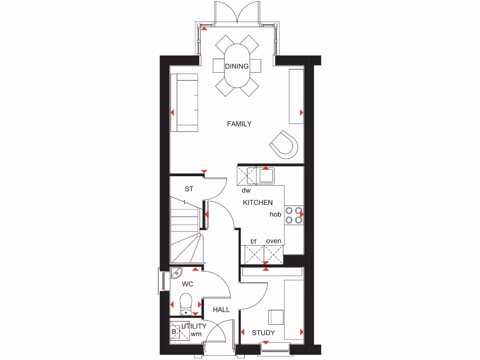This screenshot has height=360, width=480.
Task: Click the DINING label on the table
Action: point(237,66)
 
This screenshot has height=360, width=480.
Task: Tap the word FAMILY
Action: point(239,124)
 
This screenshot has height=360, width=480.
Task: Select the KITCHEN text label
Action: point(257,203)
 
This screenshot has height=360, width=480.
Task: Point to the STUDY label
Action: point(263,333)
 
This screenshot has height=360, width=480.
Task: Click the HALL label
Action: point(221,310)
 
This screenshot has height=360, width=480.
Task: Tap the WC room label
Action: point(187,284)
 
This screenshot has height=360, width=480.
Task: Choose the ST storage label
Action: point(189,189)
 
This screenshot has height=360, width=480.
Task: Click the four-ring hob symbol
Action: point(294,214)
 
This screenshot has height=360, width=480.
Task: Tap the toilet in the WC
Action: point(186,303)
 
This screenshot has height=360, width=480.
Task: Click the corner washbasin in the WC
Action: point(176,273)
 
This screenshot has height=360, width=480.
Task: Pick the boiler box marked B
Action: point(174,331)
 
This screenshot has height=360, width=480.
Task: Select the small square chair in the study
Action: point(276,317)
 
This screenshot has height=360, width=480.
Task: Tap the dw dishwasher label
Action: point(246,191)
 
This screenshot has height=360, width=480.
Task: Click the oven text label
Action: point(274,241)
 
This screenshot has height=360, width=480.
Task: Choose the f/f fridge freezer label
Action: point(254,241)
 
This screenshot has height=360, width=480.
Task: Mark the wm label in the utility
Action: point(196,335)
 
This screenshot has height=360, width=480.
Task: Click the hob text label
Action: point(275,214)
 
